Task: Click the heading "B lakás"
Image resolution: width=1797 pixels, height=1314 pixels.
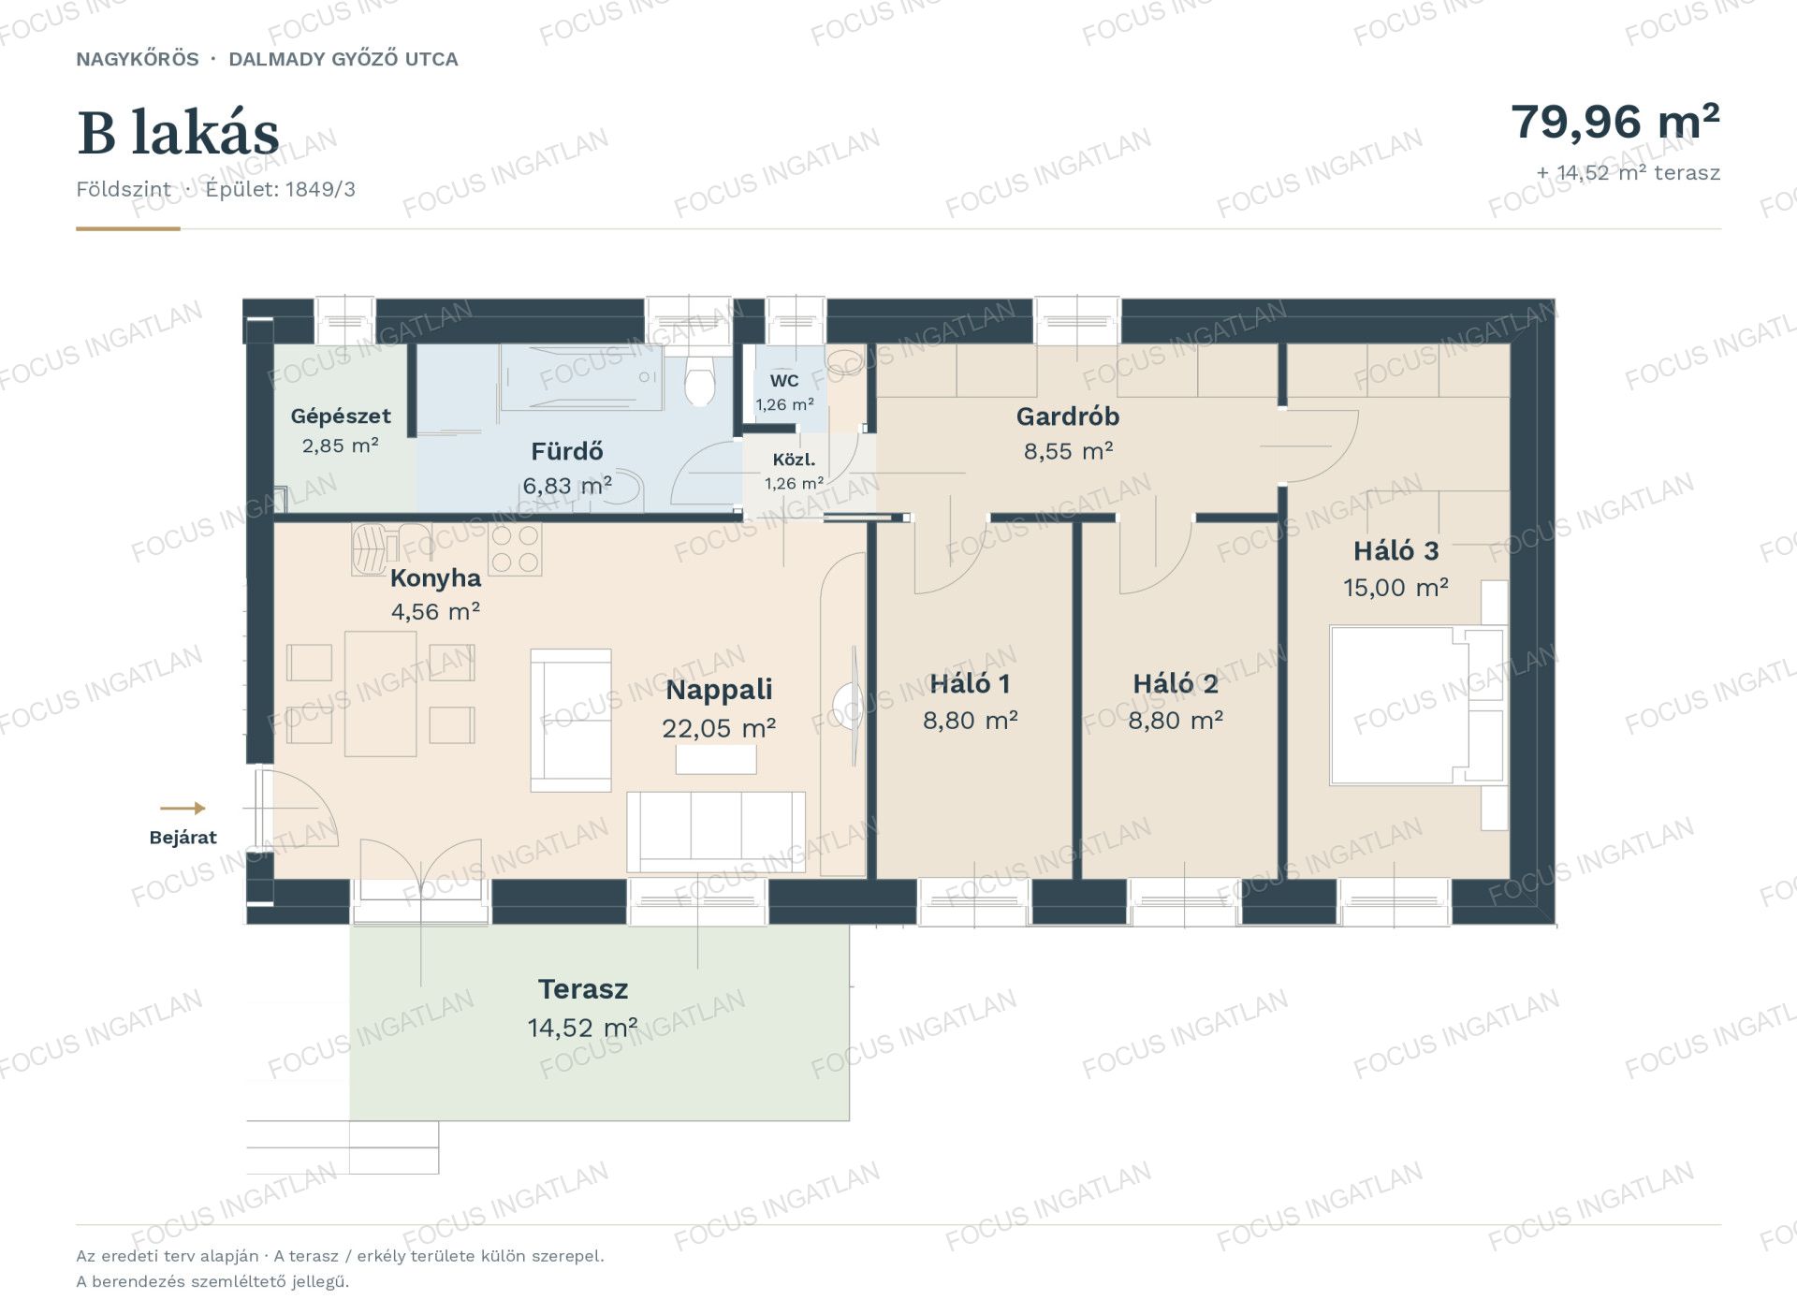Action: pos(178,133)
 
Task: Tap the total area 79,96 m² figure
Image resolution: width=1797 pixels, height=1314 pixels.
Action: pos(1615,122)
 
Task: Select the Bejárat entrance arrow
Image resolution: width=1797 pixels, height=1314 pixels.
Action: pos(183,809)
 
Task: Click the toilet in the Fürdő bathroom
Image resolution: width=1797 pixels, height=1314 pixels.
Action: pos(699,380)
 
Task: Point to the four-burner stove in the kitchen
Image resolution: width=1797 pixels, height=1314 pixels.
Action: pos(515,548)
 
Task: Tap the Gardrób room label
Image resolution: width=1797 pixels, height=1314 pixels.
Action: pos(1068,416)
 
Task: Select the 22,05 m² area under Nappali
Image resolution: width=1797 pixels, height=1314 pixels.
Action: pos(719,728)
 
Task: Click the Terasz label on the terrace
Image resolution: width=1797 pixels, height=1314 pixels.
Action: pos(583,989)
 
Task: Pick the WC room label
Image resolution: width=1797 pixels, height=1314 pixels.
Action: pos(784,381)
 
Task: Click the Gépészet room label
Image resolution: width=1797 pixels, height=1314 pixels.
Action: pos(341,416)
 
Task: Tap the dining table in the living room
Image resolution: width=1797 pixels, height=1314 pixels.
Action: pos(380,693)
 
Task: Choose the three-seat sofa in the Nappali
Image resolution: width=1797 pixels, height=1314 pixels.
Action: pos(716,832)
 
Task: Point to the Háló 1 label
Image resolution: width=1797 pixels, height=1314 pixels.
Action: pos(970,684)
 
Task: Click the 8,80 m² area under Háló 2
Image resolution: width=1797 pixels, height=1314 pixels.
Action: pos(1176,721)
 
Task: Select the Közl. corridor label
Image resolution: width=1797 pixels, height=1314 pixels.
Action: pos(794,460)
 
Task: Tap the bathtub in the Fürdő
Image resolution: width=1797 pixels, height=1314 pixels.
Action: pos(581,377)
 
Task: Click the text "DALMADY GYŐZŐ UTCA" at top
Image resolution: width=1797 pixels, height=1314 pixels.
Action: pos(343,59)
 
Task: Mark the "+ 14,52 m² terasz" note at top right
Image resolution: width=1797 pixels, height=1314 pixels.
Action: pos(1629,173)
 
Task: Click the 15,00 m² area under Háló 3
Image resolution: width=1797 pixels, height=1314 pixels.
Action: pos(1395,588)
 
